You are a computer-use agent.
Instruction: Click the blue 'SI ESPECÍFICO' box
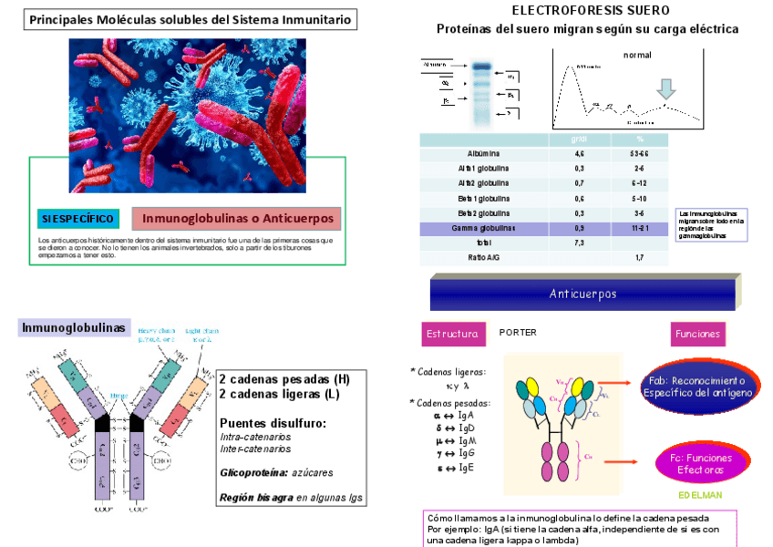[78, 219]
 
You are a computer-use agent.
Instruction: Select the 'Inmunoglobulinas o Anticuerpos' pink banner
[236, 219]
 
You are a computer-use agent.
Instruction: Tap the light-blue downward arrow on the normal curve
[667, 88]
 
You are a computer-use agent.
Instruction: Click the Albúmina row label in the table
[483, 153]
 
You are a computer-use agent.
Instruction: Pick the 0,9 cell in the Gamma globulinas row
[579, 228]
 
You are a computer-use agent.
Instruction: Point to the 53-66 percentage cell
[640, 153]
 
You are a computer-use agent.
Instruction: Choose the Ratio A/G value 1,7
[640, 258]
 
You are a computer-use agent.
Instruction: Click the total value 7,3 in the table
[579, 243]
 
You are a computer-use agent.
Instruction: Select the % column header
[640, 139]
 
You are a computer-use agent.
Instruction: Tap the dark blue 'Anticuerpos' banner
[583, 294]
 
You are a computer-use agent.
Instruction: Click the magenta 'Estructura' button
[452, 334]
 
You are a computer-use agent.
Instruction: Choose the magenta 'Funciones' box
[698, 334]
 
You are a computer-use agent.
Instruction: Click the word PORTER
[518, 333]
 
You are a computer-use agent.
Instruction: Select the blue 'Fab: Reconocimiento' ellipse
[697, 386]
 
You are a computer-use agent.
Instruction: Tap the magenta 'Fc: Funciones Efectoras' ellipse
[700, 463]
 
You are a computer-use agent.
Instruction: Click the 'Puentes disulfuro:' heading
[273, 423]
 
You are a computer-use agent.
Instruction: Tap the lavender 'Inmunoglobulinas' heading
[74, 327]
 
